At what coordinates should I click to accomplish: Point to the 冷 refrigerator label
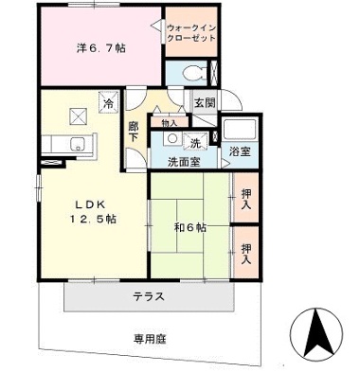[x=110, y=103]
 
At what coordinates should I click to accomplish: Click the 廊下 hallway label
[x=135, y=133]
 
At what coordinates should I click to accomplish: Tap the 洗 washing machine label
[x=195, y=144]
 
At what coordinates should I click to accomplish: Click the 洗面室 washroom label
[x=184, y=162]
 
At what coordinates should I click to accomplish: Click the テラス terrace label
[x=148, y=296]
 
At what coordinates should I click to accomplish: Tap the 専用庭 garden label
[x=149, y=337]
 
